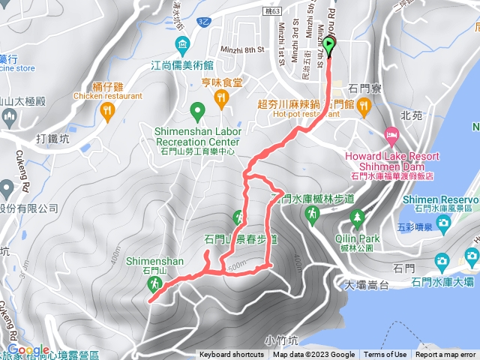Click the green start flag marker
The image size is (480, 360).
click(328, 46)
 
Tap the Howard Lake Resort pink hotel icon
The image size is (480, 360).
click(391, 135)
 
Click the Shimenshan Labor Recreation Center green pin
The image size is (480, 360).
click(197, 113)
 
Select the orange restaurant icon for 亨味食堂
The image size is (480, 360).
click(221, 97)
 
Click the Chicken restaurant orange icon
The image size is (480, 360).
click(107, 110)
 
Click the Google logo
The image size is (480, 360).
click(28, 350)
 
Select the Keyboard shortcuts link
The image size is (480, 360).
click(231, 355)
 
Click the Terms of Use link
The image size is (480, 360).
click(385, 355)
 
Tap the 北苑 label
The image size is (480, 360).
click(412, 116)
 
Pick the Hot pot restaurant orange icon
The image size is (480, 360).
click(364, 109)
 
